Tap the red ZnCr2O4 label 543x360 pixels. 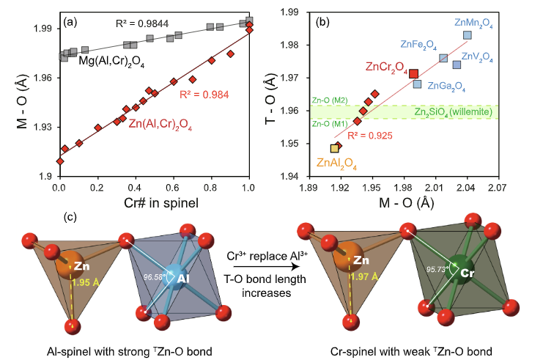pos(387,68)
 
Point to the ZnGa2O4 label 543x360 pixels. pos(446,86)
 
